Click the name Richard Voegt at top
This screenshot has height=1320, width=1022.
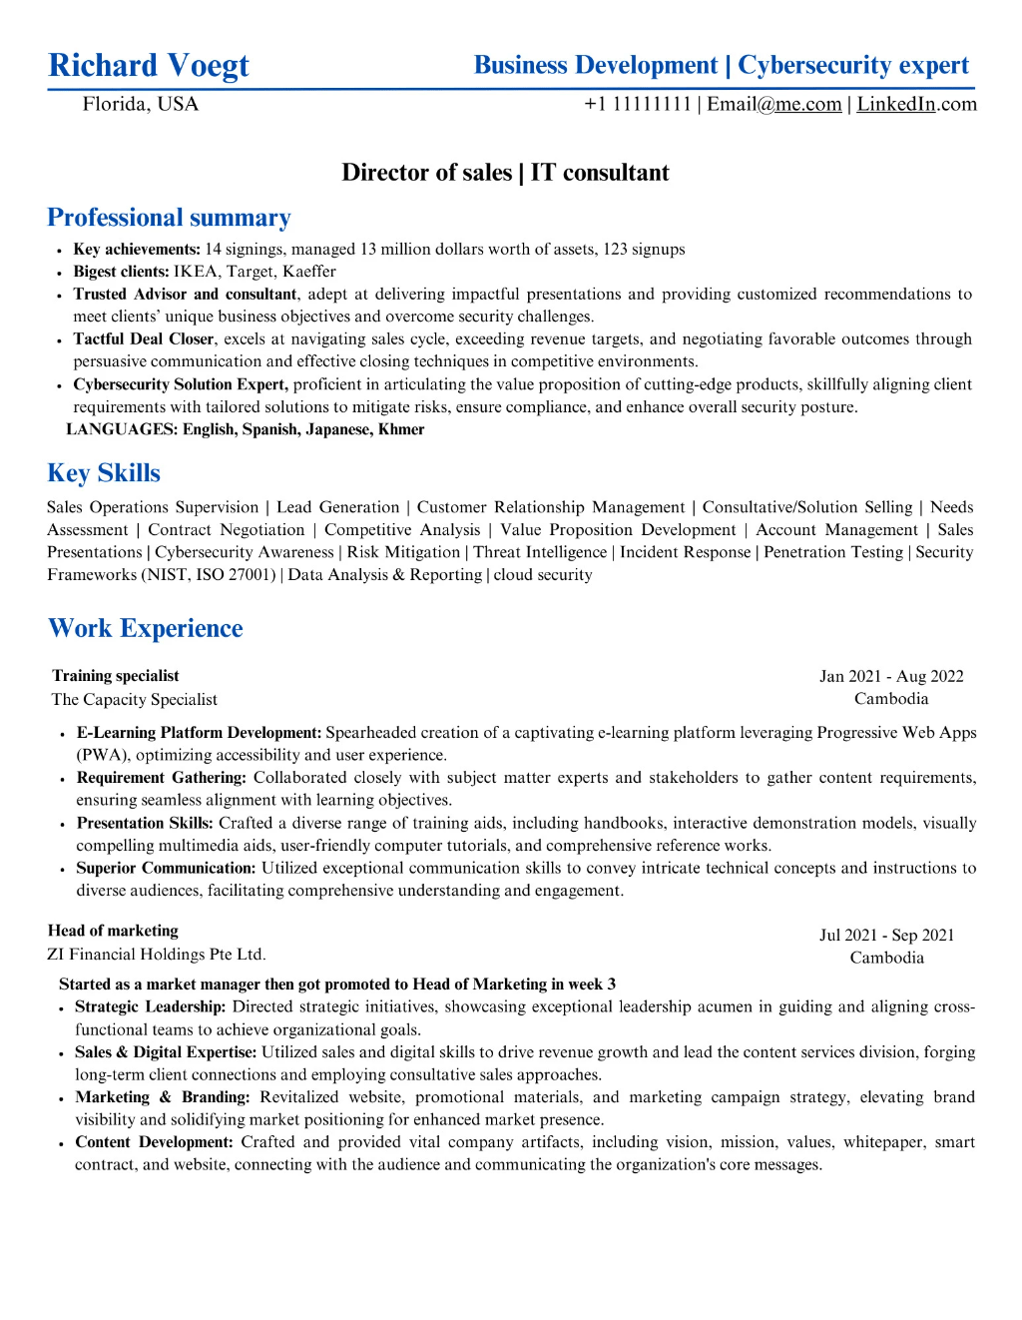pos(149,66)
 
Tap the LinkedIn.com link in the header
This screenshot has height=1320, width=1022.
pos(916,104)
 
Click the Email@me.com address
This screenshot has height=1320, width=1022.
pos(774,104)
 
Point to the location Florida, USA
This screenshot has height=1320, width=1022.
pos(141,104)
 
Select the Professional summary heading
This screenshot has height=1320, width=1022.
pos(169,218)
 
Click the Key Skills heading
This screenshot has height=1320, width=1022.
pos(104,473)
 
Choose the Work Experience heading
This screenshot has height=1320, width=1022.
pos(146,628)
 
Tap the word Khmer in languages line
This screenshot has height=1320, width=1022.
pos(401,429)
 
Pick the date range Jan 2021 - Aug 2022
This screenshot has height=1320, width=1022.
pos(891,676)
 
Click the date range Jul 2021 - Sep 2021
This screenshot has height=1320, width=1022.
pos(886,935)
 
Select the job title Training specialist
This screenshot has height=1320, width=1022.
pos(116,676)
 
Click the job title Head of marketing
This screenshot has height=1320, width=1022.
pos(113,931)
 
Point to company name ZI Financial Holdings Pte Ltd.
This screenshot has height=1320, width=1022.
pos(157,955)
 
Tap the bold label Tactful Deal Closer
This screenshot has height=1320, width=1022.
pos(144,339)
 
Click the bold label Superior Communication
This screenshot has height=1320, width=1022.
pos(166,868)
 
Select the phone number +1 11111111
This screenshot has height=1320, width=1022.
pos(638,104)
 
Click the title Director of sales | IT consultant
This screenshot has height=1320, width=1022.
pos(505,173)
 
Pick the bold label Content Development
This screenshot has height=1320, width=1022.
pos(154,1142)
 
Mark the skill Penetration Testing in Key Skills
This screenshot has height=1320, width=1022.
pos(833,552)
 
